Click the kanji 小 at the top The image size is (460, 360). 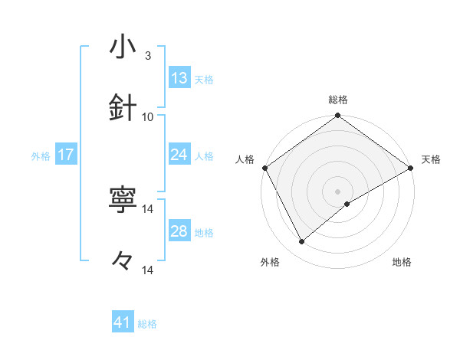123,48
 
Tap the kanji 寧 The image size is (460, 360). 123,201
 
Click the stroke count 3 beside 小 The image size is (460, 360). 148,56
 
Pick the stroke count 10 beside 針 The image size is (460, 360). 148,116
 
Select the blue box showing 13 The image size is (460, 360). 179,78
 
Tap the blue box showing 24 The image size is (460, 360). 179,155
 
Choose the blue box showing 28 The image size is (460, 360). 179,231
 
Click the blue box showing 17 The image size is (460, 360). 66,155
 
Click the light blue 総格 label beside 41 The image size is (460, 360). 147,324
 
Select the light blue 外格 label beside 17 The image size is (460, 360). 41,155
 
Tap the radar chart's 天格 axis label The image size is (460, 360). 431,159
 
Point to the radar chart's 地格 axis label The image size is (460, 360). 402,262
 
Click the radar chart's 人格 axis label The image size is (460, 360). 245,159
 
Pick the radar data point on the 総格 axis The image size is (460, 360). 337,116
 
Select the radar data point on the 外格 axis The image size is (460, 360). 302,241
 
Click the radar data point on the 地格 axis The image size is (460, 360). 347,204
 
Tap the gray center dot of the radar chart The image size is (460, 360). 337,191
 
